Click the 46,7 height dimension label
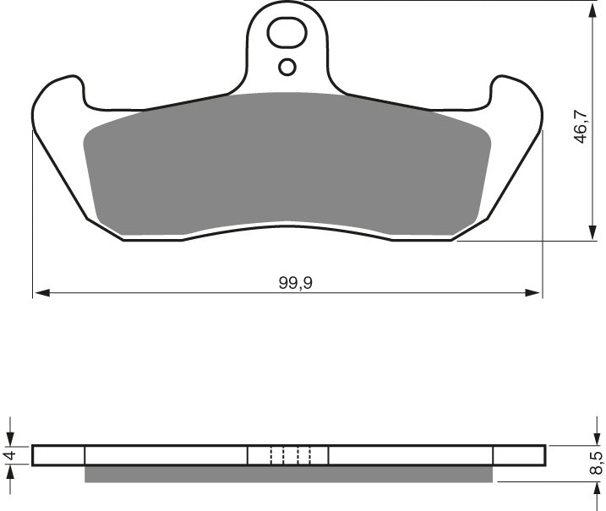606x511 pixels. pos(581,125)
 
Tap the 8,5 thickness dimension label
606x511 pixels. pos(596,463)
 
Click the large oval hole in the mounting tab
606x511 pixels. pos(286,35)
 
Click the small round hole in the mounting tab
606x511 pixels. pos(287,67)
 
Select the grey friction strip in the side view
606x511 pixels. pos(287,475)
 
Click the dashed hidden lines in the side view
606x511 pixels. pos(290,455)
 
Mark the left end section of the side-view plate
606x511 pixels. pos(58,455)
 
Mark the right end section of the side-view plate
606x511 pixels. pos(519,455)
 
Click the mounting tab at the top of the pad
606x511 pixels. pos(287,51)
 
